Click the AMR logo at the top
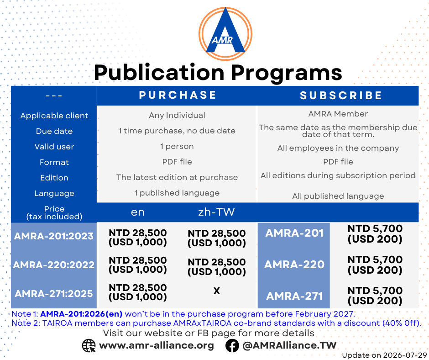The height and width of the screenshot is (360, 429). [x=225, y=33]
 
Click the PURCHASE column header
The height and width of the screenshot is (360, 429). [x=178, y=95]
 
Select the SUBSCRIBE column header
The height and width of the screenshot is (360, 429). [x=341, y=95]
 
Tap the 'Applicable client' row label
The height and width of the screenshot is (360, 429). [x=54, y=116]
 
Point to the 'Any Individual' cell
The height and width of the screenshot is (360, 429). [x=177, y=115]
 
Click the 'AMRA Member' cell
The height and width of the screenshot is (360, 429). [x=338, y=114]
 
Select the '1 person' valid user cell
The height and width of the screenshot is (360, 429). [x=177, y=146]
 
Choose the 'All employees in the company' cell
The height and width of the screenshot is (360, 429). [x=338, y=148]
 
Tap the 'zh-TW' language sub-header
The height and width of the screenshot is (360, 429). [x=216, y=212]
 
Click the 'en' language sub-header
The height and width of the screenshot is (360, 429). [x=138, y=212]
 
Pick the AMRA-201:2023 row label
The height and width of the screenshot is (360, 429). [x=54, y=236]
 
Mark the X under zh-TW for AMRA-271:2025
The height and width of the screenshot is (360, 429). [x=217, y=291]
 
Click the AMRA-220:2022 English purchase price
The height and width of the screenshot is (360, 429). [x=138, y=265]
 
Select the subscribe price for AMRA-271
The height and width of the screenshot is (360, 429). [x=375, y=296]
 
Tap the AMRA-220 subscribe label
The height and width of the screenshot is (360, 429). [x=294, y=265]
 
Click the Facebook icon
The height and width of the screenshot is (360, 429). [x=232, y=346]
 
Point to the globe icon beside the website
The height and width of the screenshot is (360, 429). [x=89, y=346]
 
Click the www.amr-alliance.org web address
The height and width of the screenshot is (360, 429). [x=157, y=345]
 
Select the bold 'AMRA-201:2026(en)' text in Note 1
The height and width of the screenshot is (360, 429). [x=81, y=314]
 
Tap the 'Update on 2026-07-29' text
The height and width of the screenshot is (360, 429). [x=385, y=355]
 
